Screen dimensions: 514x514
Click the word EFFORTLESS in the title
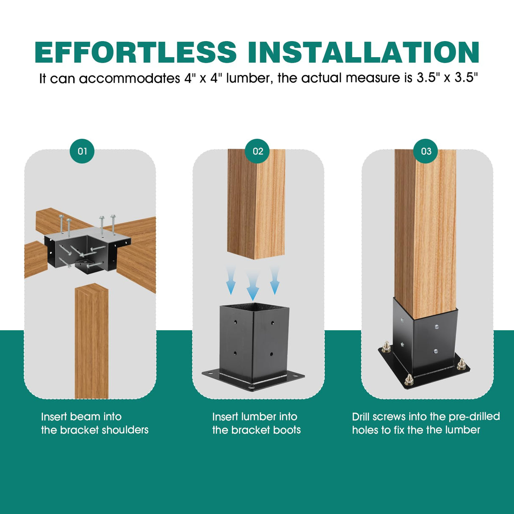(135, 53)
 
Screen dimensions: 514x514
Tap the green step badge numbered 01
(82, 151)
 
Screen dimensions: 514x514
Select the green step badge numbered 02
(258, 151)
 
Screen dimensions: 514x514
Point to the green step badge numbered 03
(426, 151)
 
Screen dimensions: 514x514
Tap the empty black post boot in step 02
(253, 343)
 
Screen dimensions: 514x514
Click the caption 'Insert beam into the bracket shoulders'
(94, 423)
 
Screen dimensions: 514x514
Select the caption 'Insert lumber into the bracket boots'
(256, 423)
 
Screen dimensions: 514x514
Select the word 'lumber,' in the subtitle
(249, 78)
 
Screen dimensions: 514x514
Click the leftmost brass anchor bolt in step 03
(387, 348)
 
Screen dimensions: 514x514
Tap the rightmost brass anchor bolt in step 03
(461, 364)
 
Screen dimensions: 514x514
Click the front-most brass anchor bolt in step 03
(409, 379)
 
